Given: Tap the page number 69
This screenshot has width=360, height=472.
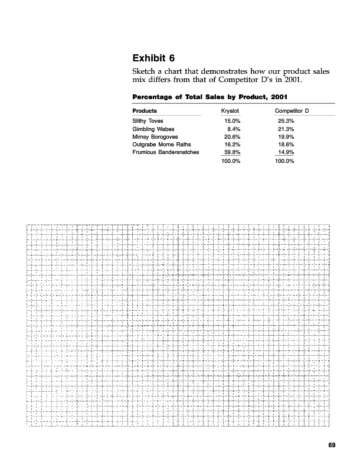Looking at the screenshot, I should [x=332, y=445].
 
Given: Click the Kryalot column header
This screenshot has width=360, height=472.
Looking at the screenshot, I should [x=230, y=111].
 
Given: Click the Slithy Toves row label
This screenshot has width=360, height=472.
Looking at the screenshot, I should [x=148, y=120].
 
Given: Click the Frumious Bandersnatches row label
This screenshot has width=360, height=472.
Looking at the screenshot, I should [x=166, y=152].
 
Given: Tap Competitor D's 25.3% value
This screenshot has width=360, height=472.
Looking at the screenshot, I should [x=286, y=120].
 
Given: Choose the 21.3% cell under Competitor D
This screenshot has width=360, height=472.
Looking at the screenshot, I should [x=286, y=128].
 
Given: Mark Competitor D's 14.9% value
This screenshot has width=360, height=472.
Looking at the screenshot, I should [x=286, y=152].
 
